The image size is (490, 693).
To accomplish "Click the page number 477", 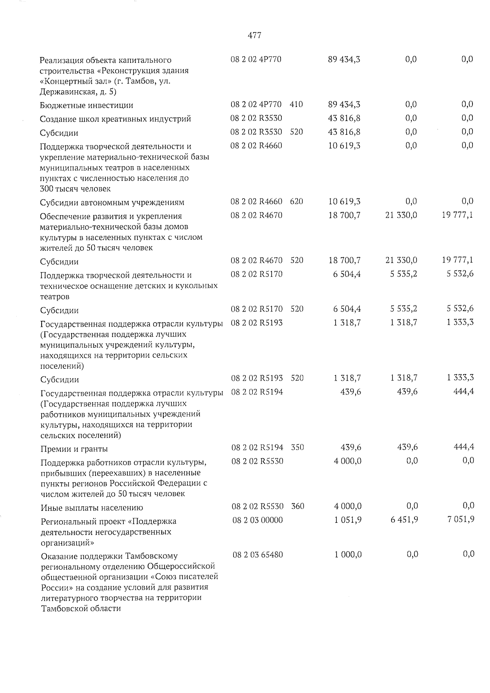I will pos(254,36).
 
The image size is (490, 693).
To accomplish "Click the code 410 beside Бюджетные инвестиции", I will pos(296,105).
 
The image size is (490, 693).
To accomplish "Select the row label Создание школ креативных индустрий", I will pos(115,119).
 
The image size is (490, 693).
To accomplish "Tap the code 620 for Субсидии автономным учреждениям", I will pos(296,201).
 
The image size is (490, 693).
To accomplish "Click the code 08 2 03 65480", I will pos(258,555).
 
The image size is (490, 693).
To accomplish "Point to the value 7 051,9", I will pos(460,520).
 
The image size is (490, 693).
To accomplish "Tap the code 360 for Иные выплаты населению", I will pos(298,506).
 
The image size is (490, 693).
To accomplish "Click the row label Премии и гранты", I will pos(74,449).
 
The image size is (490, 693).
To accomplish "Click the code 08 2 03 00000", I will pos(258,520).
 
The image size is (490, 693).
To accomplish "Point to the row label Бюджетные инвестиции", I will pos(87,105).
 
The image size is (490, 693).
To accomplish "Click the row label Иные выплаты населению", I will pos(91,508).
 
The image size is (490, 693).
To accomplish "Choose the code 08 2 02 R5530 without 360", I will pos(257,461).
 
